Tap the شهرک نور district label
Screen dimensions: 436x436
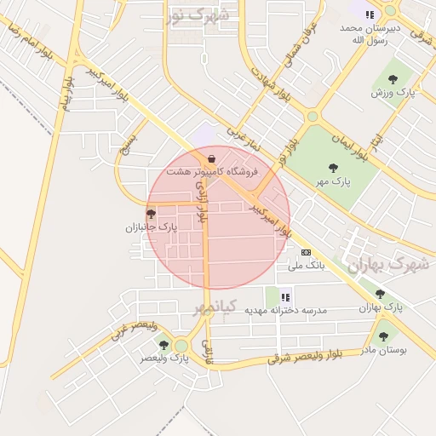pos(198,14)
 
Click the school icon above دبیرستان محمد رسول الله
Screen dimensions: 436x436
pos(370,14)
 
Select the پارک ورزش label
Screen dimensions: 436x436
pos(393,92)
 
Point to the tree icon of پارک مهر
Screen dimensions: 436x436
pos(333,168)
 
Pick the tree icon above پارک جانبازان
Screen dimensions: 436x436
pos(151,214)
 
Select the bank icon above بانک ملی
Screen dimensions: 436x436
pos(306,252)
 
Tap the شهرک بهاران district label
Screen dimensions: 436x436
pos(387,265)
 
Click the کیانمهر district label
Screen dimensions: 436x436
pos(209,307)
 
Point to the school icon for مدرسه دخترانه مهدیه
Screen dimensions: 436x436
pos(286,297)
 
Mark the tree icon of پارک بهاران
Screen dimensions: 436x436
pos(380,294)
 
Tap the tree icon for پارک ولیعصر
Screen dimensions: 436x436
pos(163,345)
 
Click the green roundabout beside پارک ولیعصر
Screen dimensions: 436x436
pos(181,345)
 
